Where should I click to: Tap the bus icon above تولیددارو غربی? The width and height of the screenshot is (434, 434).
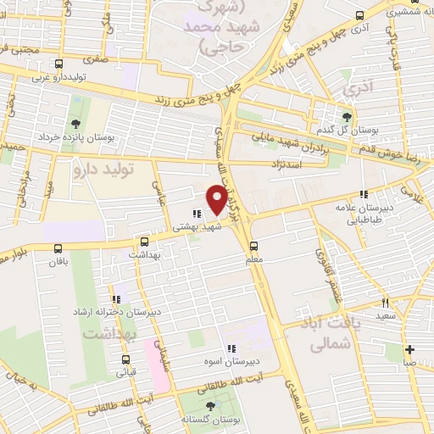[58, 64]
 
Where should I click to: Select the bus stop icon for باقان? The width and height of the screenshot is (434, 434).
[58, 248]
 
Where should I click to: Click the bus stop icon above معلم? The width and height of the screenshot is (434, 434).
[253, 246]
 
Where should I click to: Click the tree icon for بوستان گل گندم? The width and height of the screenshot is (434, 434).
[346, 118]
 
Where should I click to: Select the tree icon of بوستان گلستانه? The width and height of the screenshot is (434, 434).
[210, 406]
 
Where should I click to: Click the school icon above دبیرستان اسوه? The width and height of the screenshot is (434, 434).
[230, 348]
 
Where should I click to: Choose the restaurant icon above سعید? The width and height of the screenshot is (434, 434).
[386, 303]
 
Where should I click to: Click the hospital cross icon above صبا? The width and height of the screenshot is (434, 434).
[410, 348]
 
